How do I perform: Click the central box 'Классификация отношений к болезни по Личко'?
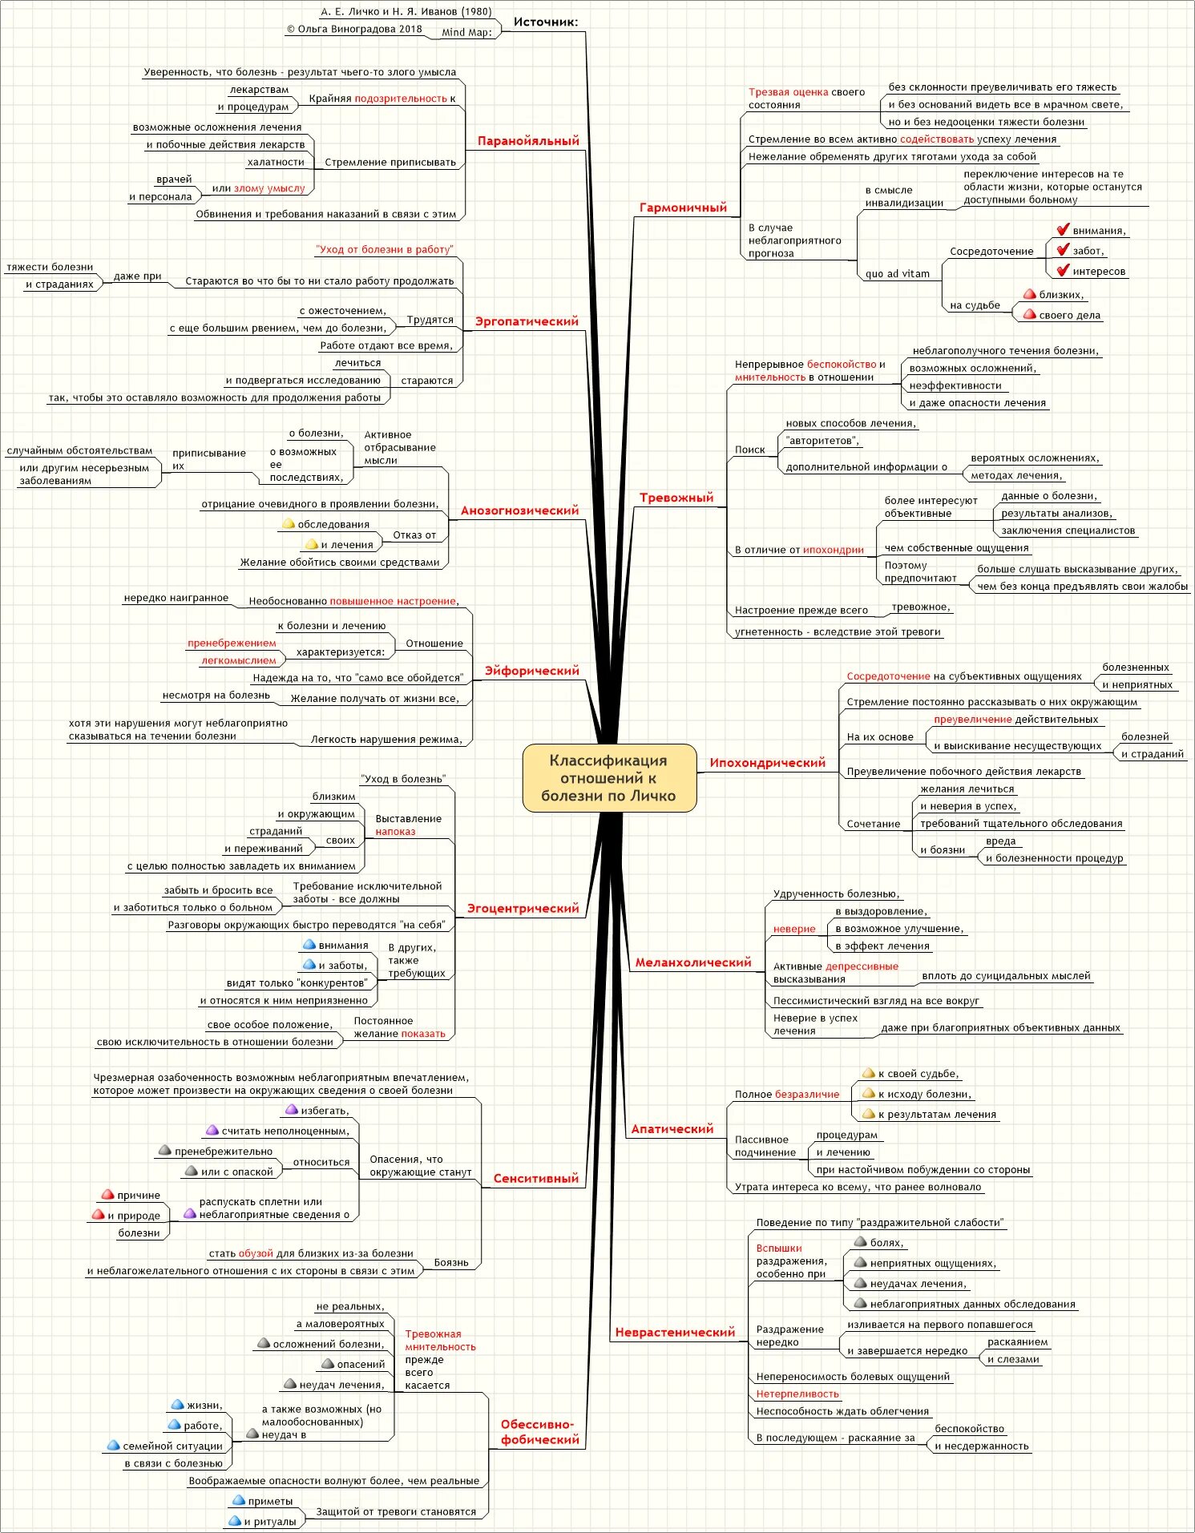[608, 777]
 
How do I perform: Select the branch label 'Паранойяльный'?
[527, 141]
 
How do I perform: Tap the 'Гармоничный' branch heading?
[683, 208]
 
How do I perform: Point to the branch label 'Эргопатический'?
[527, 321]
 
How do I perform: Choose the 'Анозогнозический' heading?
[519, 510]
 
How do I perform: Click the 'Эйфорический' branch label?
[531, 671]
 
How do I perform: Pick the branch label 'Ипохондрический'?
[767, 763]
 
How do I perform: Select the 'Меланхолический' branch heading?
[693, 962]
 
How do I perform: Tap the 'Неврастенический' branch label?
[675, 1332]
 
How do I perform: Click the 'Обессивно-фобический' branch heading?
[539, 1431]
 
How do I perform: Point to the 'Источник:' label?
[545, 22]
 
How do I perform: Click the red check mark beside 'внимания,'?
[1063, 230]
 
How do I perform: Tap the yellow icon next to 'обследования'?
[289, 524]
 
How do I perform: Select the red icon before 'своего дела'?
[1029, 315]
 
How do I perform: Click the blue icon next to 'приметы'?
[238, 1500]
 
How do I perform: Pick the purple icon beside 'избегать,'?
[292, 1110]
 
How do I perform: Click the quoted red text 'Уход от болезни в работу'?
[385, 249]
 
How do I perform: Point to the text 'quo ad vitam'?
[897, 273]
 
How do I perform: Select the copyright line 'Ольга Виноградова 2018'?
[354, 29]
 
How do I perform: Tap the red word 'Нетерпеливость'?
[797, 1394]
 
